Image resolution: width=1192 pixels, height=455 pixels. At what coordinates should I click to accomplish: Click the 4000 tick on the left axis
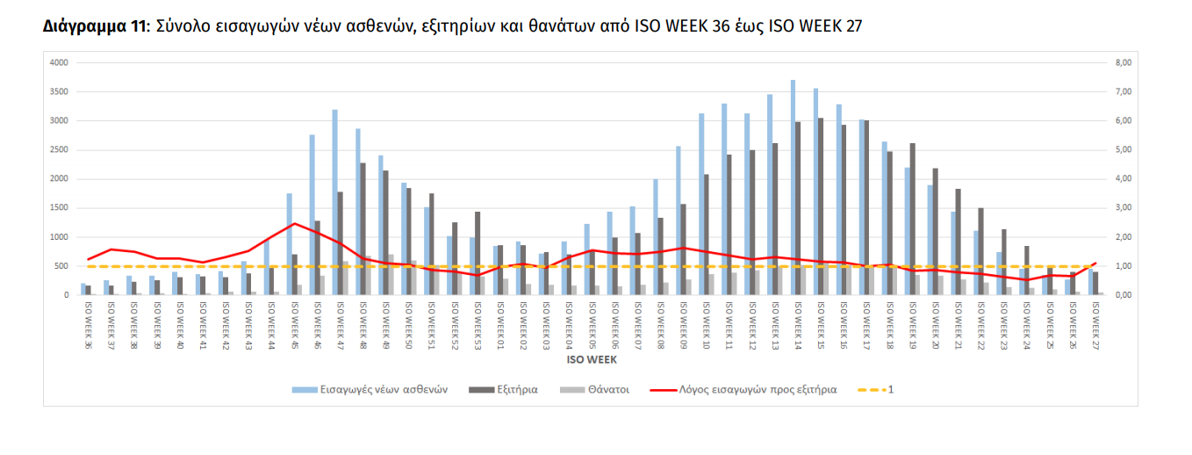(58, 62)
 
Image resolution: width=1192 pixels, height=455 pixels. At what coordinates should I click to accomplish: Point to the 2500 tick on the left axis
(58, 149)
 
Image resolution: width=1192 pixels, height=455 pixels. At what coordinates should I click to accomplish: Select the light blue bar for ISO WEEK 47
(334, 202)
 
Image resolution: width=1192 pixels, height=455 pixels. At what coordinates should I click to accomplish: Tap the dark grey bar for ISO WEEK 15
(821, 206)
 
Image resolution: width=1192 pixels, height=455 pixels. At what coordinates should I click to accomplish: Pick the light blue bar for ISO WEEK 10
(701, 204)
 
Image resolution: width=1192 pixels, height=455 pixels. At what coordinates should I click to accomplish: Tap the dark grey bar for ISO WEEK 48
(363, 228)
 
